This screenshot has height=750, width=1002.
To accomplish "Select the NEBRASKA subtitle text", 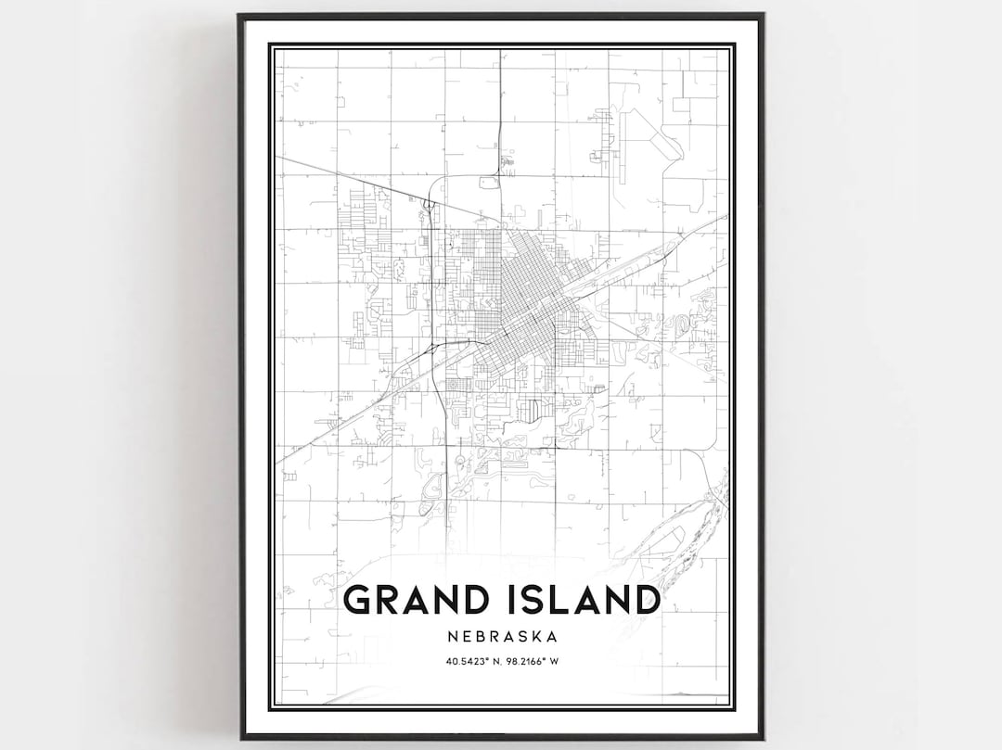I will coord(501,637).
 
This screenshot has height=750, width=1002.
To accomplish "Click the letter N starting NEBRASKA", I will coord(450,637).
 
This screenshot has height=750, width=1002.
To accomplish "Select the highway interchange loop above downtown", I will coord(430,204).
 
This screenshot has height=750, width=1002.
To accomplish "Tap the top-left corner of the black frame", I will coord(240,16).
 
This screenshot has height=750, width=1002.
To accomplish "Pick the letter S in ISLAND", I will coord(536,600).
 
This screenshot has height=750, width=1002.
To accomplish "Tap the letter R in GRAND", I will coord(391,600).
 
